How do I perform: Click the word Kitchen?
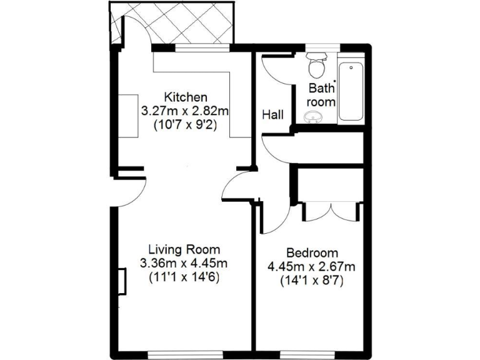(185, 97)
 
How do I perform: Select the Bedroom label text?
(312, 253)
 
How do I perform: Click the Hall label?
(272, 115)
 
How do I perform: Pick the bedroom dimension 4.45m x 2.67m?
(312, 267)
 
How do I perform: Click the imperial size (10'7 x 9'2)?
(185, 124)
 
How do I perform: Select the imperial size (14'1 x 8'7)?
(312, 281)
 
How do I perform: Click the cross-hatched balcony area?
(172, 24)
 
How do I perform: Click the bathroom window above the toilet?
(321, 46)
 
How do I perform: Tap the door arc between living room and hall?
(236, 186)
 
